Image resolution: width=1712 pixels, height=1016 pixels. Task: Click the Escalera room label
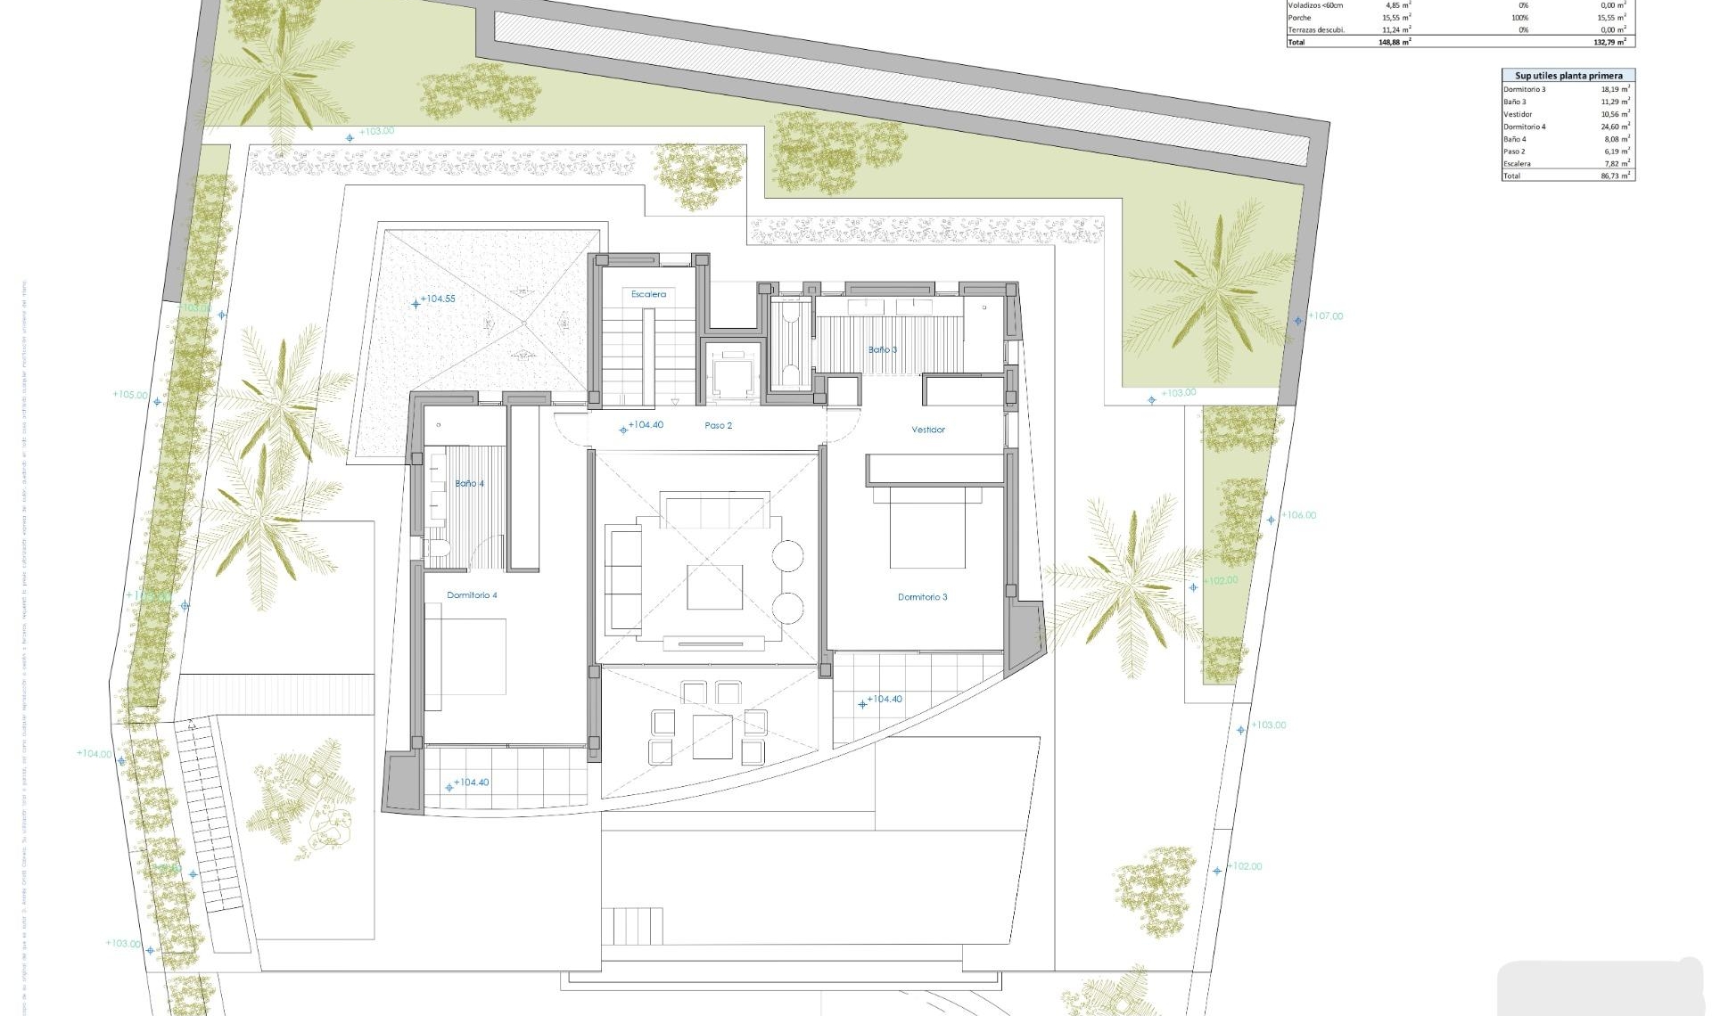tap(648, 294)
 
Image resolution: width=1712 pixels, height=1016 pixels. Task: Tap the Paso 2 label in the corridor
tap(718, 426)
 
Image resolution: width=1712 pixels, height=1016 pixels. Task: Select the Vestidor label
tap(927, 430)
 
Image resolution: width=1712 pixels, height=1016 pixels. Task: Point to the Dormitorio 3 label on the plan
tap(922, 597)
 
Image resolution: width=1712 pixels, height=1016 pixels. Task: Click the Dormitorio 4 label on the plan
tap(472, 595)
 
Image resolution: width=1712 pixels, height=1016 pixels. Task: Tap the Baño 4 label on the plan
tap(469, 484)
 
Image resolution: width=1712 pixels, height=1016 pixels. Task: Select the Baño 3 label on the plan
tap(882, 350)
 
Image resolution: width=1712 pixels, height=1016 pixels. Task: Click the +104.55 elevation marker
tap(437, 299)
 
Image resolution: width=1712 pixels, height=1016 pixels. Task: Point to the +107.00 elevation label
tap(1325, 316)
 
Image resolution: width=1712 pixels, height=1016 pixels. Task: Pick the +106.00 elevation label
tap(1298, 515)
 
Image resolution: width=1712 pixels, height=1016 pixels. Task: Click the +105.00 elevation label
tap(130, 395)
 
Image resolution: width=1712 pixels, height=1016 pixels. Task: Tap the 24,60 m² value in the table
tap(1615, 127)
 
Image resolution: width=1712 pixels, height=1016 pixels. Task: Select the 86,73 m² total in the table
tap(1615, 176)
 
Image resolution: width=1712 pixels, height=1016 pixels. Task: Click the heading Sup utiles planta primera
tap(1568, 76)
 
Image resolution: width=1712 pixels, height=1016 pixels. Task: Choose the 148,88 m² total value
tap(1395, 42)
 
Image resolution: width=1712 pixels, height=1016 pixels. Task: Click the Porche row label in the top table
tap(1299, 18)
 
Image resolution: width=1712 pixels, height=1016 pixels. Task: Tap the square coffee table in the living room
tap(714, 587)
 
